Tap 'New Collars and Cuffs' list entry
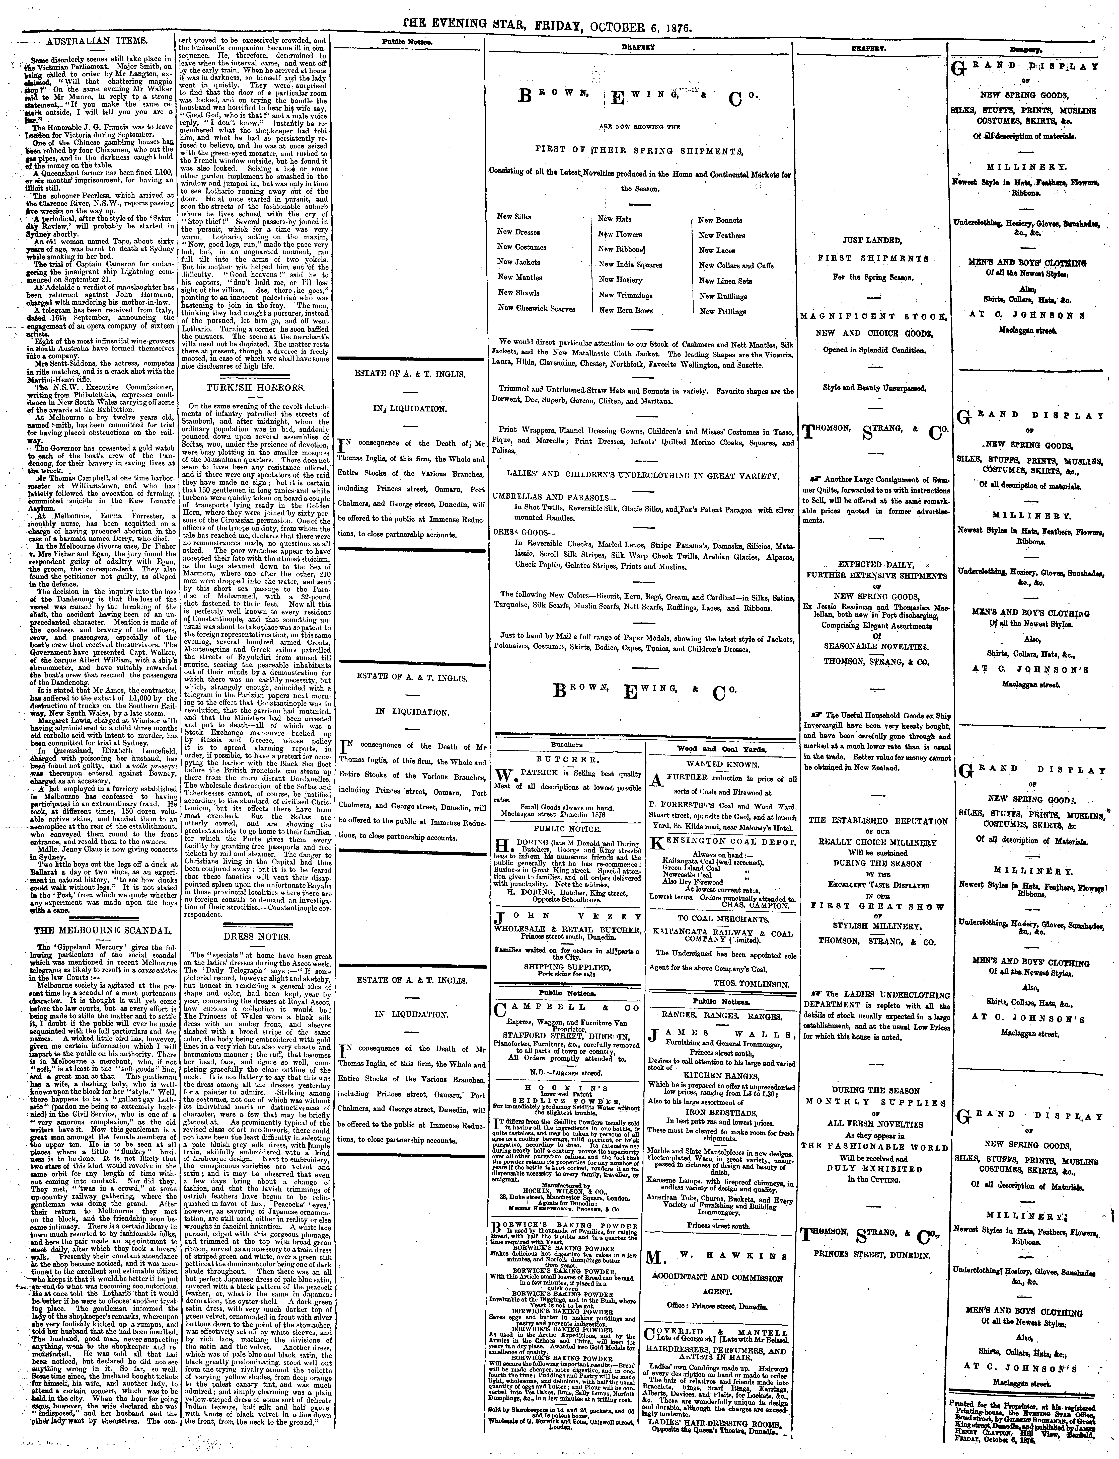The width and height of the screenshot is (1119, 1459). (736, 265)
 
